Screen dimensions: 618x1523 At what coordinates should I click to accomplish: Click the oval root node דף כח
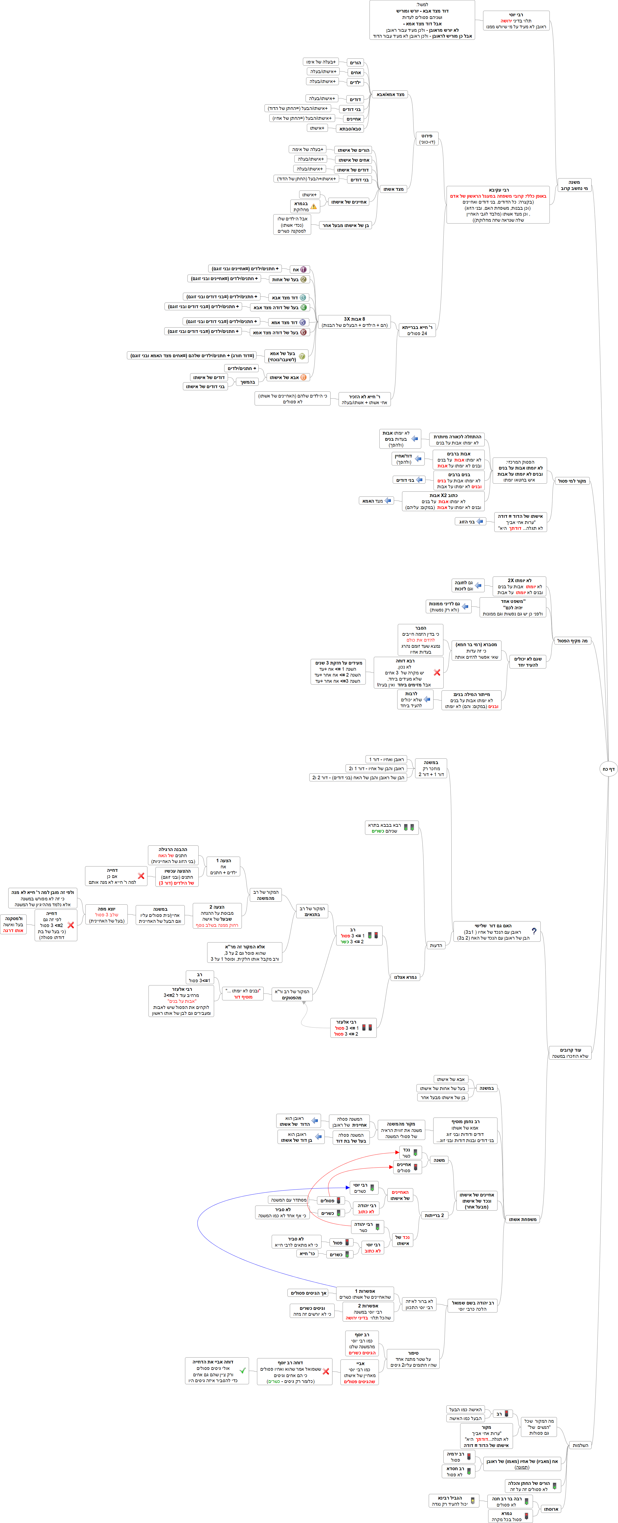click(608, 769)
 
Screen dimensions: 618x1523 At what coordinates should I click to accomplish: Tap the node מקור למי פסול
click(572, 481)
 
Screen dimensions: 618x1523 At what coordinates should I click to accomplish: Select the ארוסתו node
click(551, 1509)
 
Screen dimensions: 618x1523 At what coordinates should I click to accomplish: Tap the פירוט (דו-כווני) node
click(427, 139)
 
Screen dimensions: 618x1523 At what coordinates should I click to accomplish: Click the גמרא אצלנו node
click(405, 977)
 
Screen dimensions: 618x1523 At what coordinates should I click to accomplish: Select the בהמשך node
click(247, 382)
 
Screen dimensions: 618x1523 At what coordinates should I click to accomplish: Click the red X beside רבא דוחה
click(437, 672)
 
